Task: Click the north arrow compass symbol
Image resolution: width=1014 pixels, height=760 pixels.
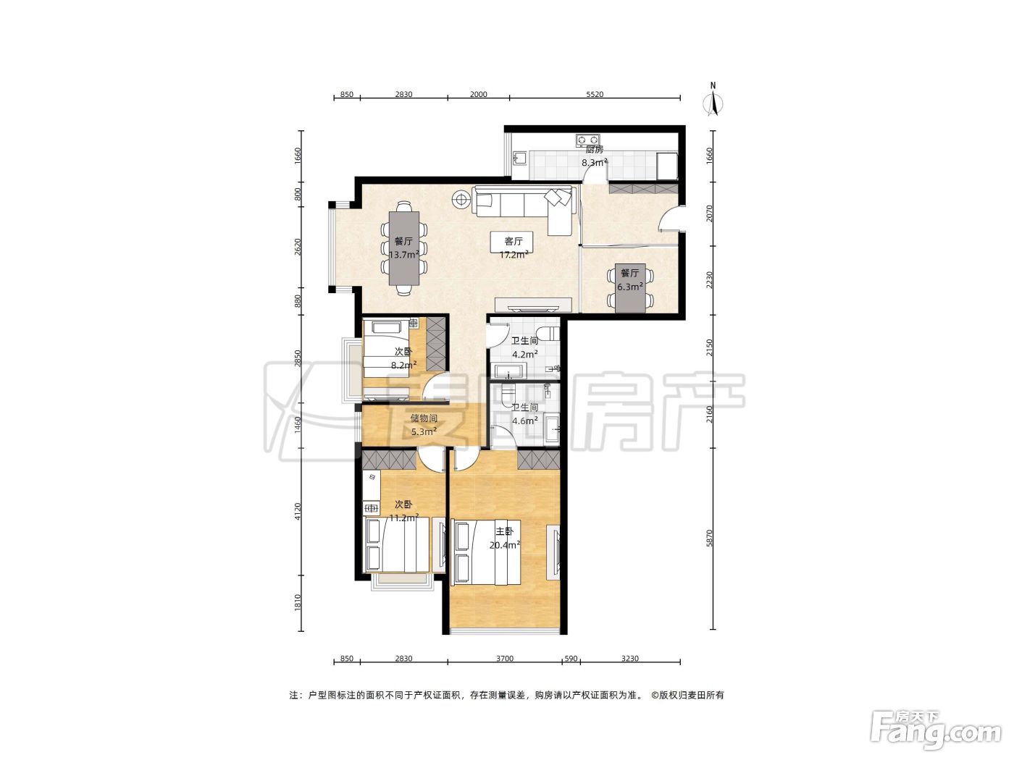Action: [x=713, y=103]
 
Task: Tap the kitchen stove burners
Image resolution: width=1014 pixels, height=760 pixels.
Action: [x=587, y=139]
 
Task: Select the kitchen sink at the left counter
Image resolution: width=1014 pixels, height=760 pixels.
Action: [x=519, y=159]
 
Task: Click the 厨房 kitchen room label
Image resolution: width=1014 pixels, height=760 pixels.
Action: [x=594, y=150]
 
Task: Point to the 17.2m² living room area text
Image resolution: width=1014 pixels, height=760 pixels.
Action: [x=514, y=254]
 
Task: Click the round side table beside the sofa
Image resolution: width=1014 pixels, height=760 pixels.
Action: [x=461, y=199]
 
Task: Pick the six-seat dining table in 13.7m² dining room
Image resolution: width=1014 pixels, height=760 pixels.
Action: [x=404, y=248]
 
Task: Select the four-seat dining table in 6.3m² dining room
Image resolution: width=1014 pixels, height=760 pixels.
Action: [x=629, y=288]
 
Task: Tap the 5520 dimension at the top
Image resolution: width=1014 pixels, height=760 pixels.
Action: [x=595, y=95]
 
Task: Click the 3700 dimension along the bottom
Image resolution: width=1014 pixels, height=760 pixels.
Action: [x=504, y=659]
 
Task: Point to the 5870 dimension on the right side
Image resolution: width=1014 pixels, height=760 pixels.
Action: [x=709, y=538]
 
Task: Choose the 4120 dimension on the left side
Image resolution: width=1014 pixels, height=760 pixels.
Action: [x=298, y=511]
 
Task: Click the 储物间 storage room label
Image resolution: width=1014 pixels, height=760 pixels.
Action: [x=424, y=418]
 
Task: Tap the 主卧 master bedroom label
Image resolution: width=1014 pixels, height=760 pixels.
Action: [x=504, y=531]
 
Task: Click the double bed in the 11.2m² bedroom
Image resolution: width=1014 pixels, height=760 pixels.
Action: [x=398, y=544]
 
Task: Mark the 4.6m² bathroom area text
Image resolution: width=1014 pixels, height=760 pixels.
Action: [x=525, y=421]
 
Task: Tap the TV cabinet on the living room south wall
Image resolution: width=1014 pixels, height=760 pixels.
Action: [x=534, y=305]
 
